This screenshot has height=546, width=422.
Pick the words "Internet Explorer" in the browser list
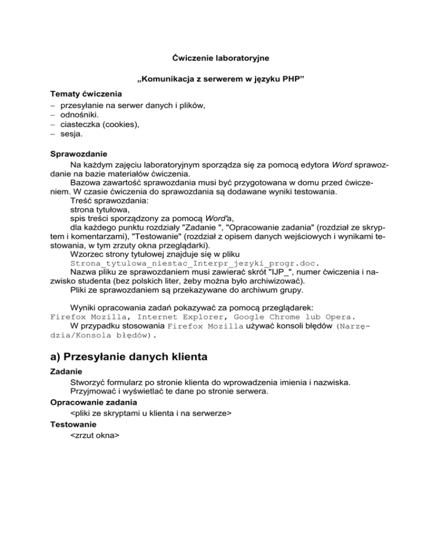point(180,317)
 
